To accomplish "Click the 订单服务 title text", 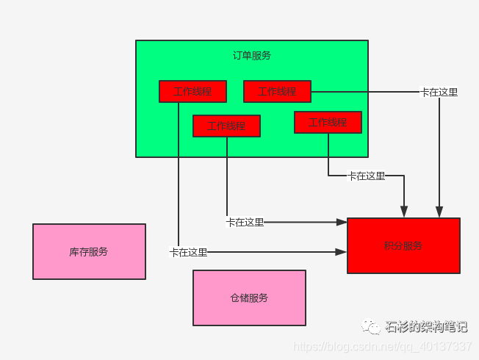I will coord(251,55).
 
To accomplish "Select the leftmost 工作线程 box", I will coord(192,92).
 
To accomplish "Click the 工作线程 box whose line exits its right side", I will coord(277,92).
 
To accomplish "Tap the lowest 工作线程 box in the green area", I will coord(226,126).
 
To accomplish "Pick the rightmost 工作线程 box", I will coord(328,122).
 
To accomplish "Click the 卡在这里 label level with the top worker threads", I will coord(439,93).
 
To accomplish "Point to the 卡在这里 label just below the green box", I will coord(366,176).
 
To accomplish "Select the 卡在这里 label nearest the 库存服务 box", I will coord(188,252).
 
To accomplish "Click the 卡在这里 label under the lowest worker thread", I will coord(245,222).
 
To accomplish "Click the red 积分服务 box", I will coord(403,245).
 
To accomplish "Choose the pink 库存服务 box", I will coord(89,251).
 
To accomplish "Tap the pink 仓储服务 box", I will coord(249,298).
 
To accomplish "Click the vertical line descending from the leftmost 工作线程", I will coord(179,176).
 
